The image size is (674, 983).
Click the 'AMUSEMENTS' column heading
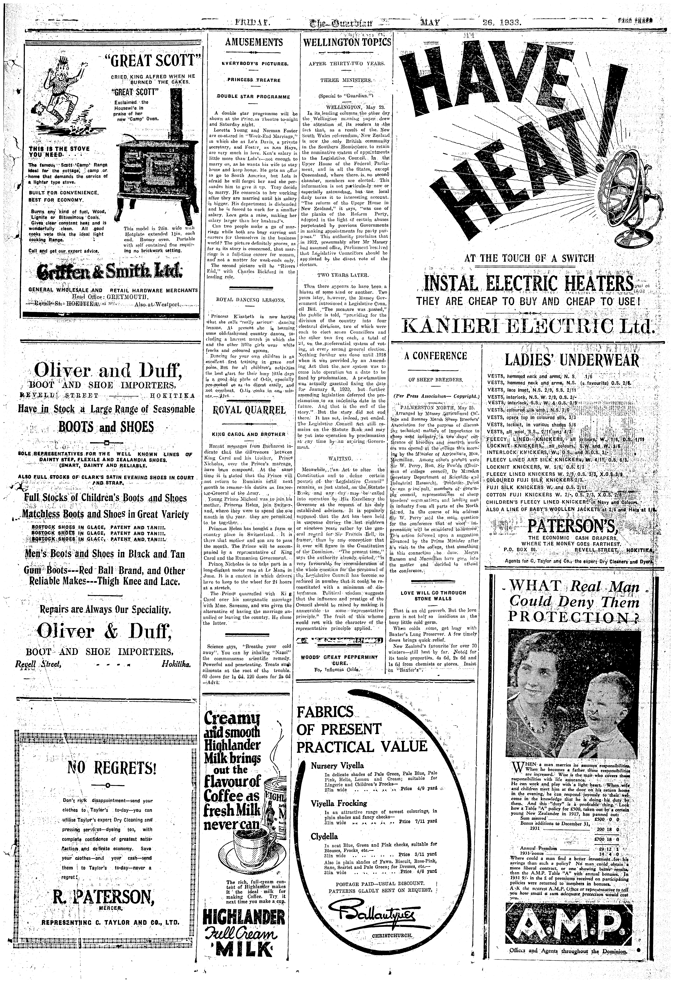tap(248, 42)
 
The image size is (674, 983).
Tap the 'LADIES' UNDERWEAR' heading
tap(571, 360)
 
